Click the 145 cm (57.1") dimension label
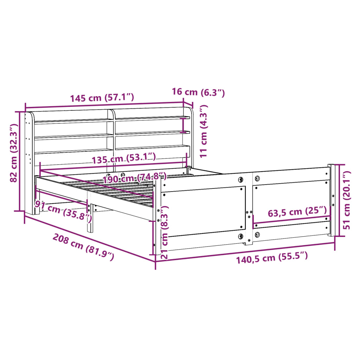pyautogui.click(x=102, y=98)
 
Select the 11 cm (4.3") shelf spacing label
pyautogui.click(x=204, y=131)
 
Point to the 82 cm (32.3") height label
pyautogui.click(x=14, y=153)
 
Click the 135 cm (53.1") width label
pyautogui.click(x=124, y=159)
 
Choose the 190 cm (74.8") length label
pyautogui.click(x=135, y=178)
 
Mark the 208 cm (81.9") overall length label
pyautogui.click(x=83, y=247)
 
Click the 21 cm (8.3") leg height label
pyautogui.click(x=165, y=232)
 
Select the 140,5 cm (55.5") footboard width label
pyautogui.click(x=272, y=258)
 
